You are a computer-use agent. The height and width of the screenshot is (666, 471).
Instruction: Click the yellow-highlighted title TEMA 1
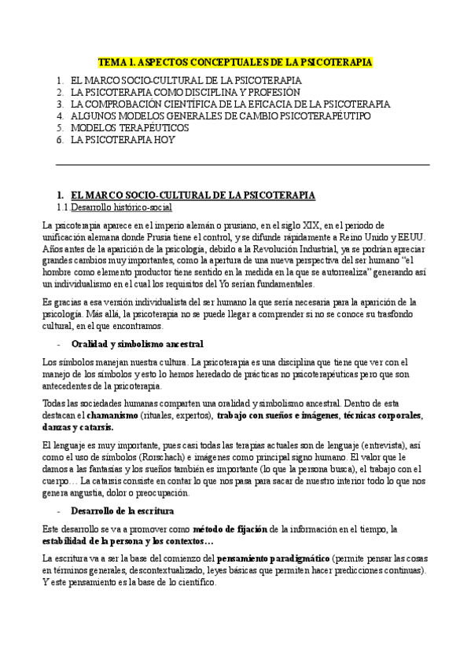click(235, 61)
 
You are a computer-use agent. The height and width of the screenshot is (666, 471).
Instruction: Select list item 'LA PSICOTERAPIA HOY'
click(123, 139)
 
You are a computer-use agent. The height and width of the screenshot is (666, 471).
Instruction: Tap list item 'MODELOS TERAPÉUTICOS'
click(130, 127)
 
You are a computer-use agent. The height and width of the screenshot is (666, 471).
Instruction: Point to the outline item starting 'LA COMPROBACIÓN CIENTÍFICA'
click(230, 104)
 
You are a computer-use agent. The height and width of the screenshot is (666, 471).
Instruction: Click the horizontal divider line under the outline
click(243, 165)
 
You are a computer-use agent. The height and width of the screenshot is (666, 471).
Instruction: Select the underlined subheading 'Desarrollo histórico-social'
click(120, 207)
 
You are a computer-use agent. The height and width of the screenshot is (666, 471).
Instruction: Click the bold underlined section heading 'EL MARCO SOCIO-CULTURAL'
click(193, 195)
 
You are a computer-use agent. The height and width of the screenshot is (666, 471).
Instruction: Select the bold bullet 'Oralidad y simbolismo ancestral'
click(137, 344)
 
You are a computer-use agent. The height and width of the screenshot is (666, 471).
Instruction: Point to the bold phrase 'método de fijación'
click(229, 528)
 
